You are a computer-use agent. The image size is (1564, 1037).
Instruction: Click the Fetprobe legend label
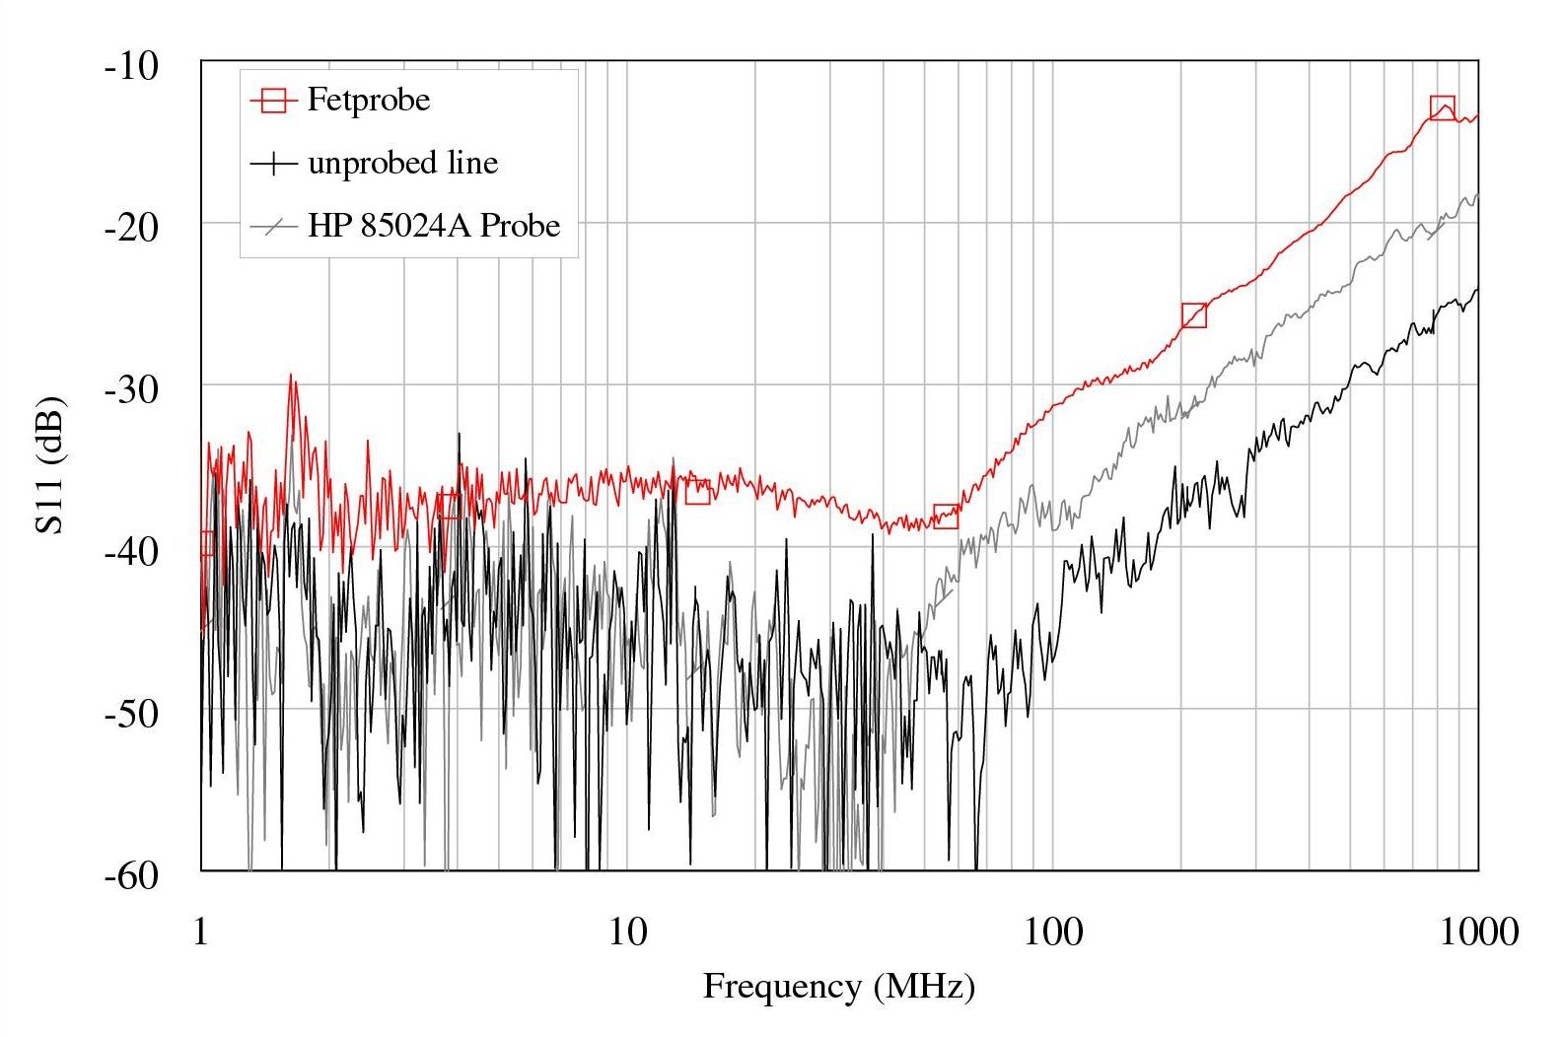pos(368,101)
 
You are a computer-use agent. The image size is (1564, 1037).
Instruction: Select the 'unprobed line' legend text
pos(402,163)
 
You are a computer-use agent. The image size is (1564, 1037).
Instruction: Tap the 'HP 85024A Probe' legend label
pos(433,226)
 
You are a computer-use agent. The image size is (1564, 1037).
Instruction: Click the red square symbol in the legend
pos(273,101)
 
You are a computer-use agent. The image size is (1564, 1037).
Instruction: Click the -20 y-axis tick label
pos(131,228)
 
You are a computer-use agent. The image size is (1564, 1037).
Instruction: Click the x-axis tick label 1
pos(201,931)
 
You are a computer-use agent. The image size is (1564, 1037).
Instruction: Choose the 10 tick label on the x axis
pos(626,931)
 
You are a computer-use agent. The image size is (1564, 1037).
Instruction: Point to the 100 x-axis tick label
pos(1052,931)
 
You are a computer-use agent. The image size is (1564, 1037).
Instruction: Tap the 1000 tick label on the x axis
pos(1477,931)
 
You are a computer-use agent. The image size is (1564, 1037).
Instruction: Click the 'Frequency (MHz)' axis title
pos(838,986)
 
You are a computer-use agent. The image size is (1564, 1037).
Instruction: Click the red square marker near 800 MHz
pos(1442,108)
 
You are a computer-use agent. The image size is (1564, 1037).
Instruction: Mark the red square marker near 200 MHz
pos(1194,315)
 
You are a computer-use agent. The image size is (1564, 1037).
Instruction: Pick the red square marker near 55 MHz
pos(946,516)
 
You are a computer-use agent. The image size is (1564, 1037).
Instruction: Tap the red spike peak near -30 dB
pos(291,376)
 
